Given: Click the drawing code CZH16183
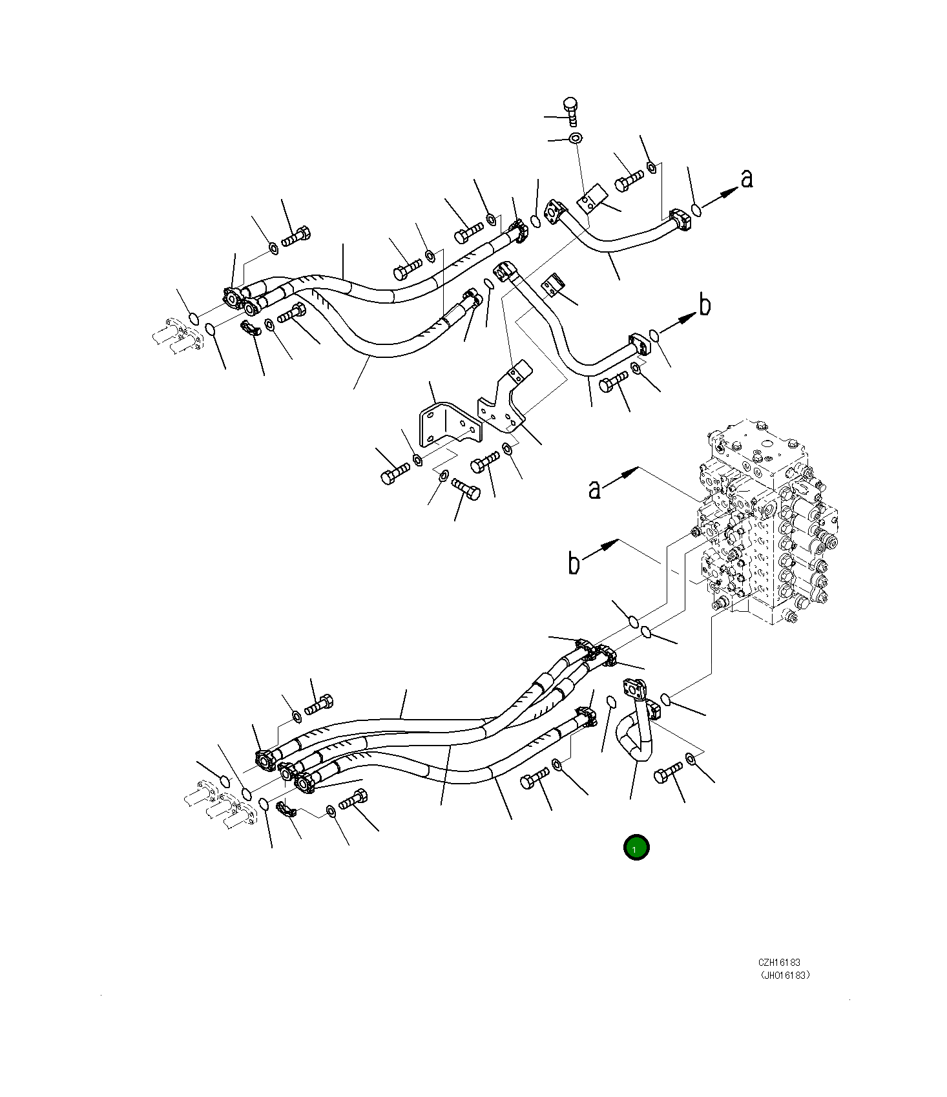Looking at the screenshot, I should coord(780,962).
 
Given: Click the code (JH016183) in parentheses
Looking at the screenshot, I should coord(784,976).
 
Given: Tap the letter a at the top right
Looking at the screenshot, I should coord(747,178).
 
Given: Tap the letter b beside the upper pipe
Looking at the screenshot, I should coord(705,304).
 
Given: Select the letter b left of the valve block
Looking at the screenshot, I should coord(574,563).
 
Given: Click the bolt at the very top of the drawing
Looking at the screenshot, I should coord(570,111).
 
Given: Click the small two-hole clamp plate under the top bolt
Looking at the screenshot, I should coord(592,199).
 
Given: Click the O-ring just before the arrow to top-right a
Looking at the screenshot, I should coord(696,209).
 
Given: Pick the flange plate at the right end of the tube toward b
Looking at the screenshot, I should coord(638,342).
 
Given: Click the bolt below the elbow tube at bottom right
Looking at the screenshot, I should coord(668,773).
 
